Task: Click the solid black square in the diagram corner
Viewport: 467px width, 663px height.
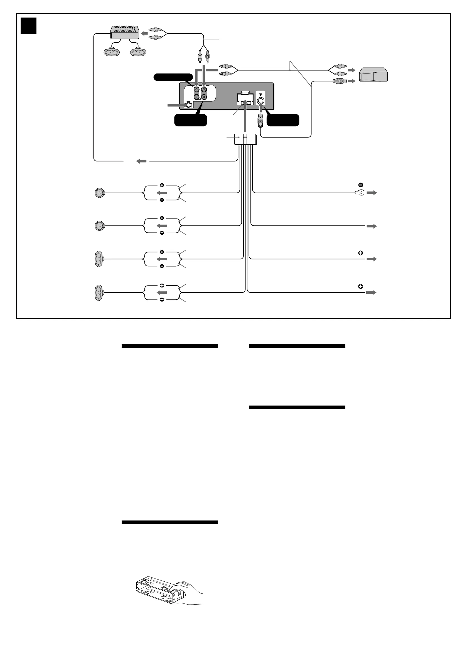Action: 28,26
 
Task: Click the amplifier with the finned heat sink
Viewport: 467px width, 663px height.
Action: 125,32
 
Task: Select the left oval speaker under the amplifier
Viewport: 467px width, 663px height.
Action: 112,52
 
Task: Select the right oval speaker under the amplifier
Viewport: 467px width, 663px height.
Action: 138,52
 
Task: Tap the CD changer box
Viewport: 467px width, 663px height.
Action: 373,75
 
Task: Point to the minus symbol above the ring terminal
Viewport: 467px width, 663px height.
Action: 360,185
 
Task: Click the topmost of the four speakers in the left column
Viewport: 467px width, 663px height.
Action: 100,193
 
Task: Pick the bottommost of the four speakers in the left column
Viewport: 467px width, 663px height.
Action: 99,293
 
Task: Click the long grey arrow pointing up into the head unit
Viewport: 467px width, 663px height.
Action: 245,116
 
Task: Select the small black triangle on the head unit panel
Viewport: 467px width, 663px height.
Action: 260,94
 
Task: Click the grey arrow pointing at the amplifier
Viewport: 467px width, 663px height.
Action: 144,34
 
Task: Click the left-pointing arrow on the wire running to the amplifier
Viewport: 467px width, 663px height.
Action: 141,161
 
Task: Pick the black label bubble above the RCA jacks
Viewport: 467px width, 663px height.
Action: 173,77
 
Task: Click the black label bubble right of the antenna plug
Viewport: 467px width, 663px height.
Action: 283,120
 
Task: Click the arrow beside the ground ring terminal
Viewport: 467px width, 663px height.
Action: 372,193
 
